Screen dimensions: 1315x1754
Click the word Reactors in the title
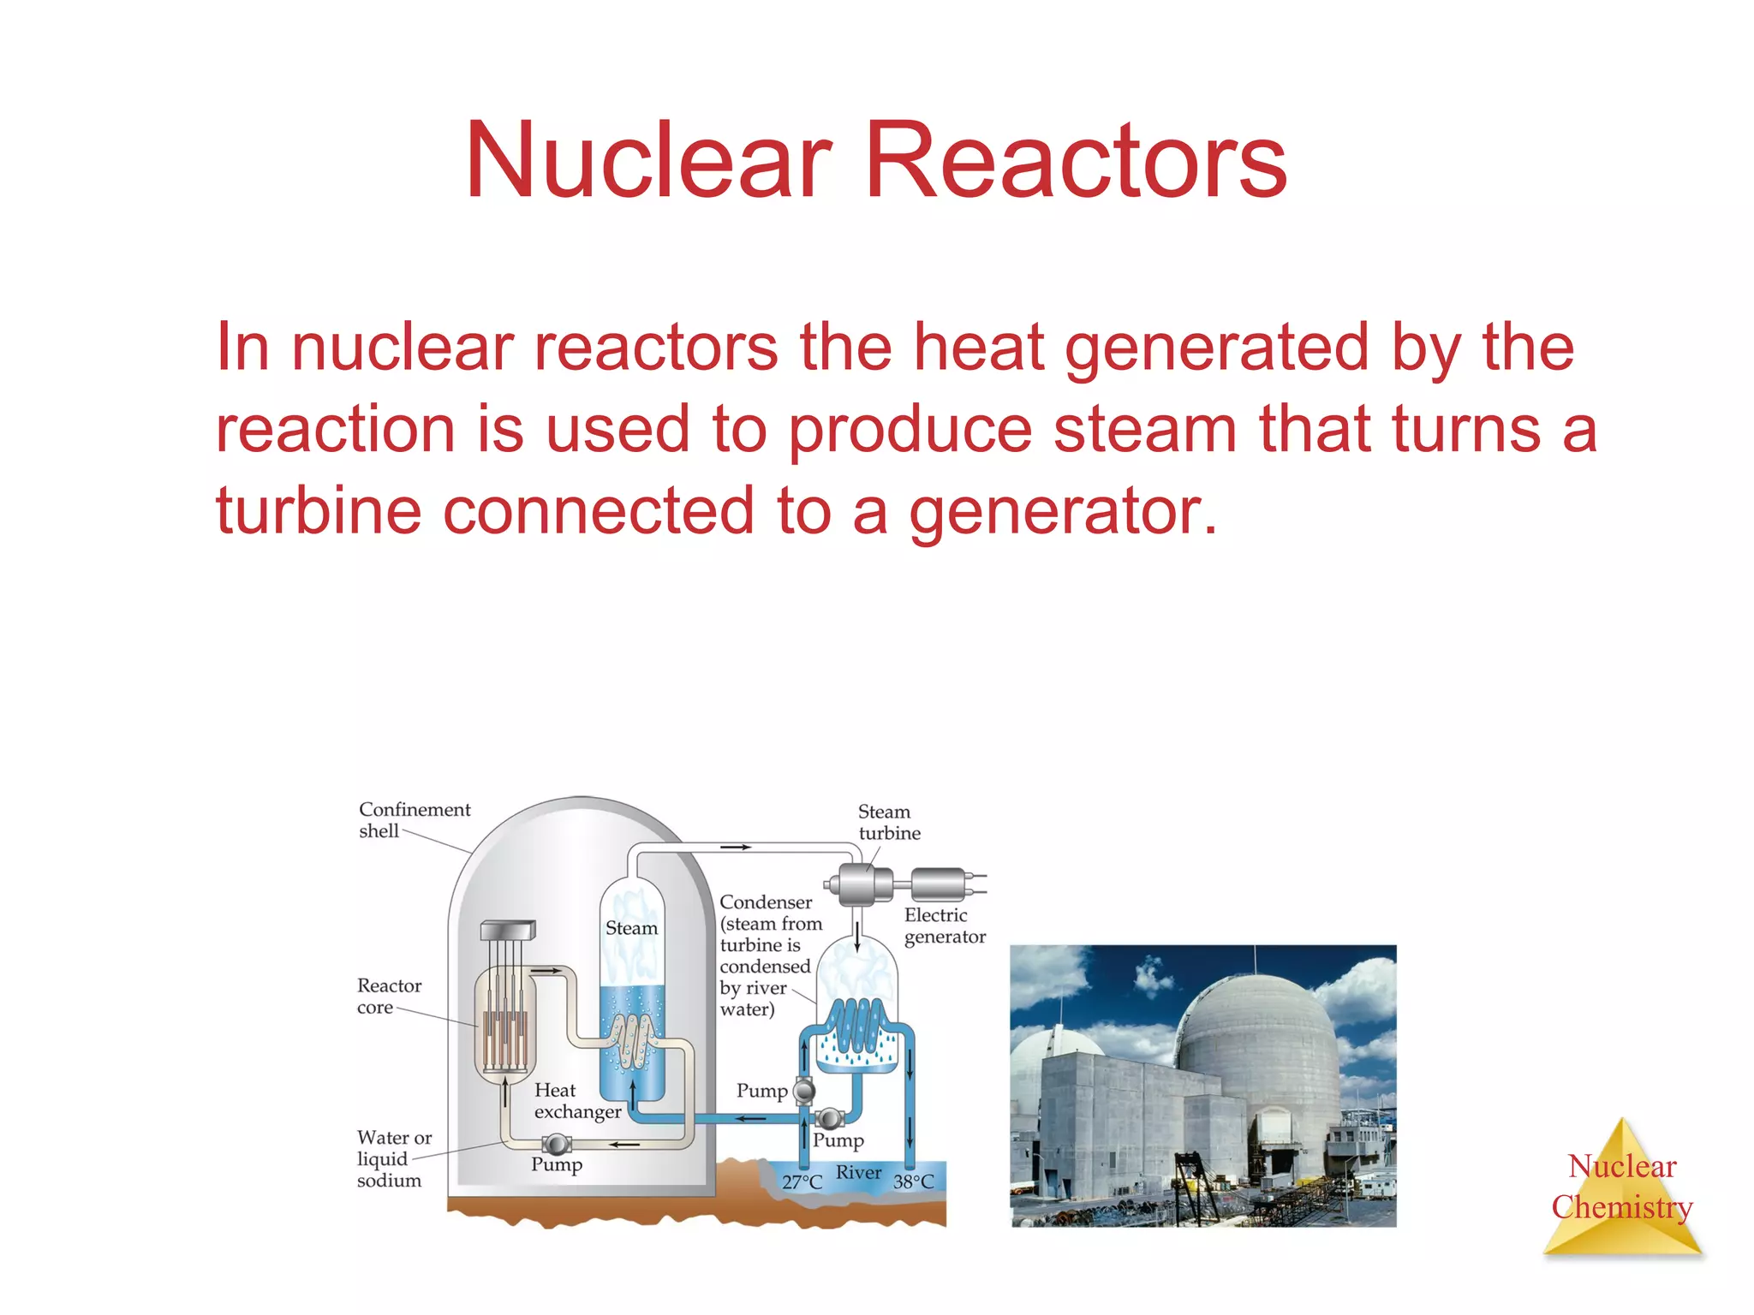1076,160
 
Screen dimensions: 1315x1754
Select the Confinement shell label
414,820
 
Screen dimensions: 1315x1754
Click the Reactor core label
388,997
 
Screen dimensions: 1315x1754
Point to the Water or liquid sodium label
393,1159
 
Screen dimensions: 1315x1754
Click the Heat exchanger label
576,1101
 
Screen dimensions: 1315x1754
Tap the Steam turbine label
888,822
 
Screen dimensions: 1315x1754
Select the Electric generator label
944,925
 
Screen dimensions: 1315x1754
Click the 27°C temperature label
802,1182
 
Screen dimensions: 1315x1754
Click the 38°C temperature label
913,1182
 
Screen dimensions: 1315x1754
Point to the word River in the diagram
858,1173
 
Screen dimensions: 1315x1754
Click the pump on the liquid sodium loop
557,1144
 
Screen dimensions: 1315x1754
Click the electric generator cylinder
939,883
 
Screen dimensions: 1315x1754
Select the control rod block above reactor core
508,931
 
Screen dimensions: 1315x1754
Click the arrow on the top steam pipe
736,848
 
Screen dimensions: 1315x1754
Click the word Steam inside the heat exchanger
631,928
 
